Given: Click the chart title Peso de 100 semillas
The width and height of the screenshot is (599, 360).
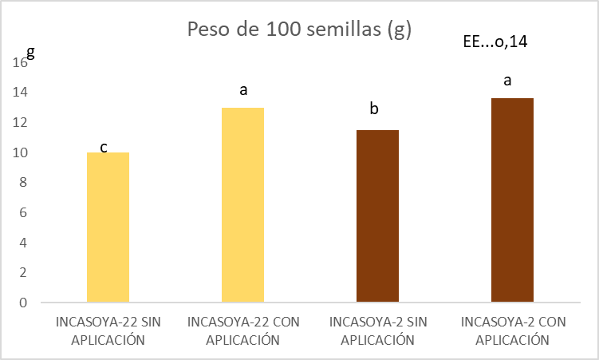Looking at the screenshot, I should pos(299,30).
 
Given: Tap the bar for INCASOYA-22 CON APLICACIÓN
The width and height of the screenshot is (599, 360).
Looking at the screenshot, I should pos(242,205).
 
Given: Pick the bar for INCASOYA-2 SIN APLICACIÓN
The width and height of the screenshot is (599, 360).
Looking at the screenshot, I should pos(378,216).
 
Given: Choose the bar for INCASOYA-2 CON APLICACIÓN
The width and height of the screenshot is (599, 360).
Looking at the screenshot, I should pos(512,200).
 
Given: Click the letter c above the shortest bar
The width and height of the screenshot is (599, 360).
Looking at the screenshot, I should pos(104,148).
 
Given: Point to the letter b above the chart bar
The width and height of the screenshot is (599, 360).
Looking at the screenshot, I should pos(373,109).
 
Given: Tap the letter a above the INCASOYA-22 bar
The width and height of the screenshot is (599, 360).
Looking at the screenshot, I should pos(243,89).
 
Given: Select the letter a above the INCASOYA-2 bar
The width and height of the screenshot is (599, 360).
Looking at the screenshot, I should pos(507,81).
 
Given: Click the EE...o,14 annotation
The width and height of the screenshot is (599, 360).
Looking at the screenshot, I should pos(495,42).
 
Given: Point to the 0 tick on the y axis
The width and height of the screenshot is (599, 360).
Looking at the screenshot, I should pos(24,303).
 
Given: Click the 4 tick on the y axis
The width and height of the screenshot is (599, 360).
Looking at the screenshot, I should pos(24,243).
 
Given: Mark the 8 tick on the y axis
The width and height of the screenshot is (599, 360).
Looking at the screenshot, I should pos(24,183).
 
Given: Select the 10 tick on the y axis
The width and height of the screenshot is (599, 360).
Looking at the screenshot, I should pos(21,152).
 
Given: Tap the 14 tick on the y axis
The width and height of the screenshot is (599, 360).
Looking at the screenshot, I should pos(21,93).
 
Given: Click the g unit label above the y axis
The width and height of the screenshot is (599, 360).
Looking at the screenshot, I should pos(31,52).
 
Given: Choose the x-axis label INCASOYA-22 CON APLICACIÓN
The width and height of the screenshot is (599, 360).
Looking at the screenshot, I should pos(243,331).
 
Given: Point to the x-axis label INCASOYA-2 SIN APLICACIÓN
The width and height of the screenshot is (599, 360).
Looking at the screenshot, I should pos(378,331).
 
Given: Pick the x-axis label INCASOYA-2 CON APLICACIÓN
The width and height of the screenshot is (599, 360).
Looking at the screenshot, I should pos(514,331).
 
